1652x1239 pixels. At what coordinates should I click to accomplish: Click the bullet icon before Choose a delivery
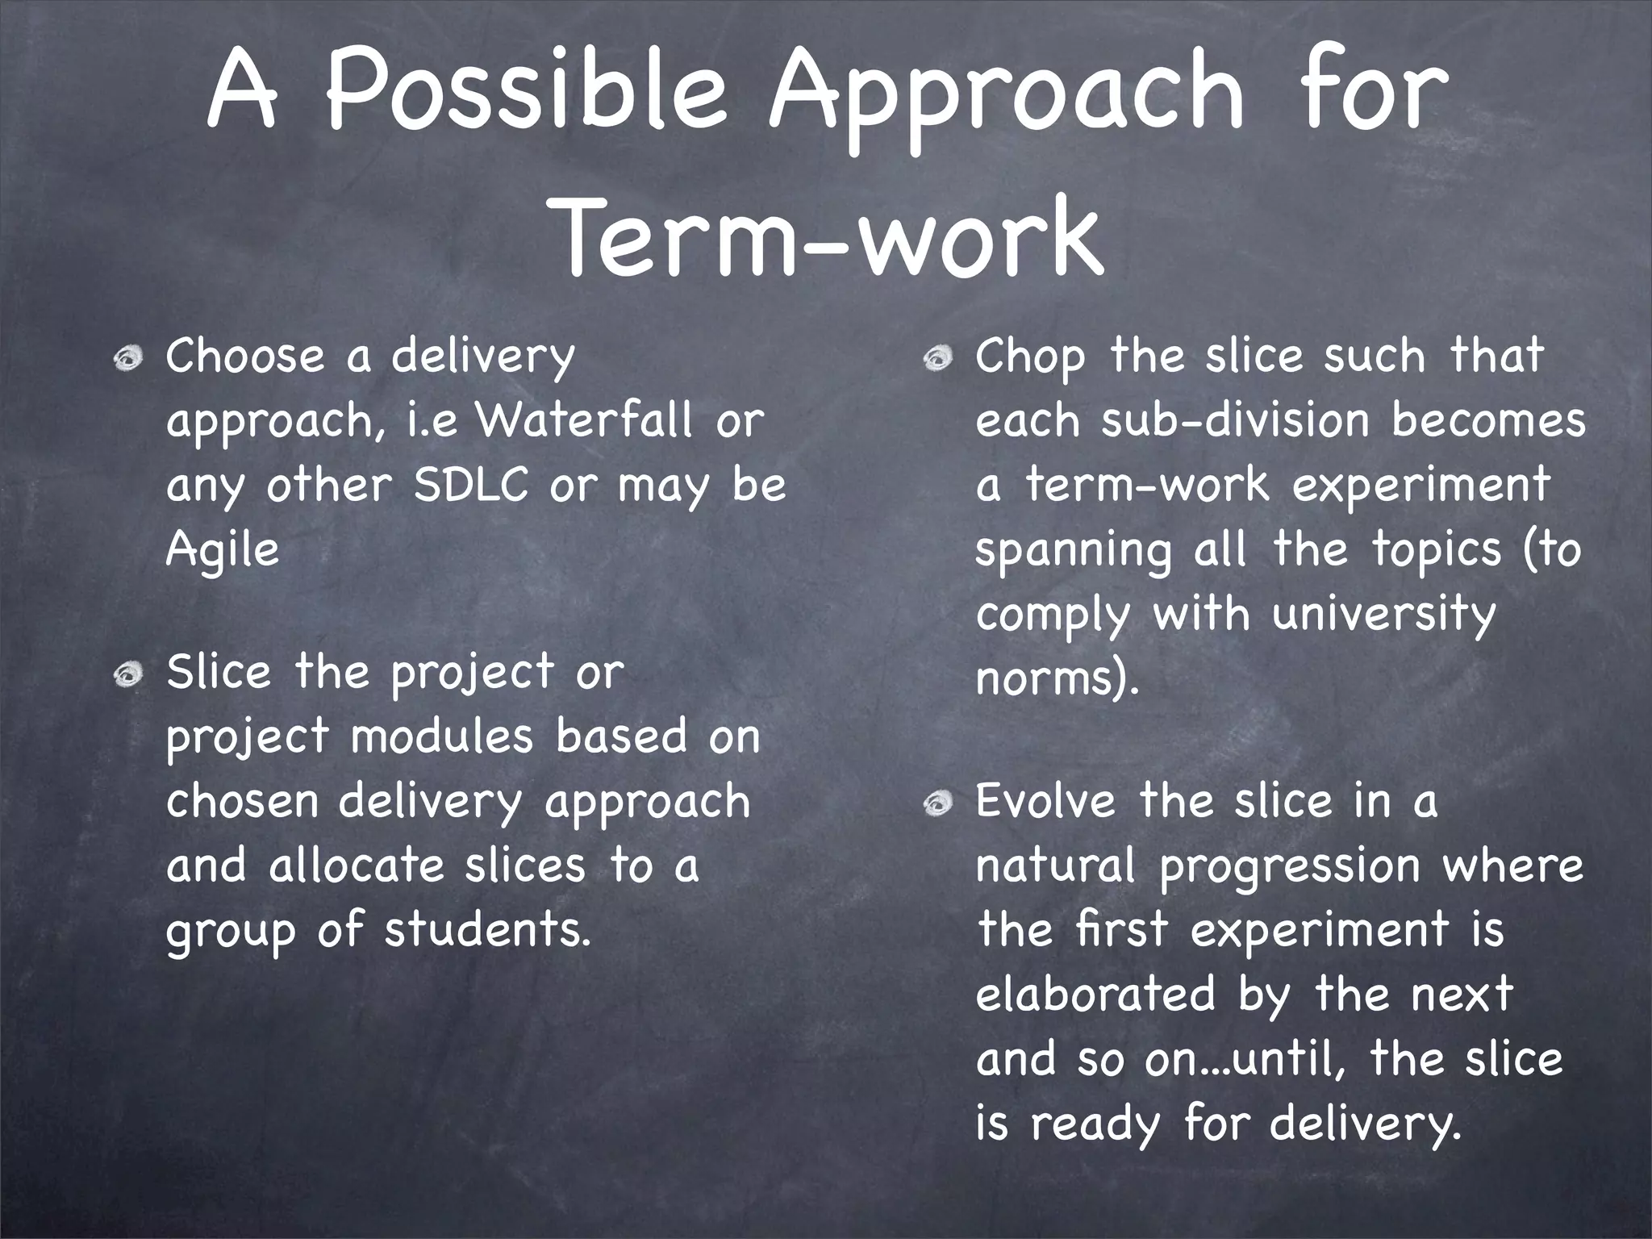127,358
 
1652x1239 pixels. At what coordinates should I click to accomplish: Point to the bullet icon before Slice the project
127,674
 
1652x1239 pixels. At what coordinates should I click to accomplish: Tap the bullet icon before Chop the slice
937,358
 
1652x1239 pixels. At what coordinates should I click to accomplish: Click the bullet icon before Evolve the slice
937,803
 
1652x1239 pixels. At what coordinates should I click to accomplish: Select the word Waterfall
585,420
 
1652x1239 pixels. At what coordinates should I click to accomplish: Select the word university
1383,615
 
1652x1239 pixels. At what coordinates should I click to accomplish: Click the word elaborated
1095,995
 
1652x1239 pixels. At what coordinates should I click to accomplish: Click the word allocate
356,866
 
